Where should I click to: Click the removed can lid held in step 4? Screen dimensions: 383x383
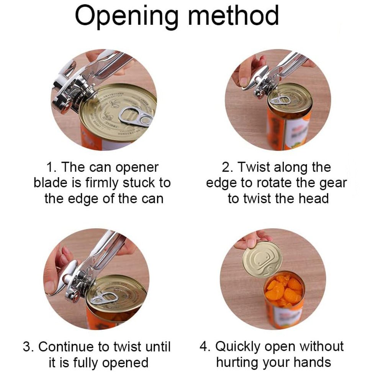click(262, 259)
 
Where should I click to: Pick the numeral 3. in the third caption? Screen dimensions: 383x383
click(29, 347)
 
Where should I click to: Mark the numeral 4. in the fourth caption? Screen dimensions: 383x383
click(205, 346)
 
